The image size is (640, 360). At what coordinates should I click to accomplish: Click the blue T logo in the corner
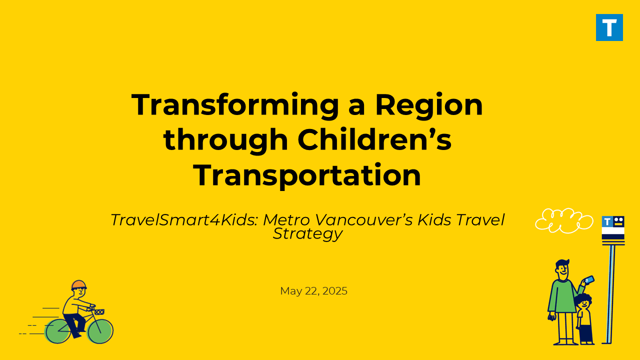[609, 27]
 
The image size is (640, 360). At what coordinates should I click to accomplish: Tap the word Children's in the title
[374, 139]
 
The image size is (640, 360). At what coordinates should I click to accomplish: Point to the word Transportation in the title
[307, 175]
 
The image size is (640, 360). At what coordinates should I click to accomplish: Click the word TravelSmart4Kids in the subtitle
[184, 220]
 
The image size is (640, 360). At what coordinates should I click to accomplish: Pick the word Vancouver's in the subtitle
[364, 220]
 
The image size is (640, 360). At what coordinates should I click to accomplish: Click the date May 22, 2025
[313, 291]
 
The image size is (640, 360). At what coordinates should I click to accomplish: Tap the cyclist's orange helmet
[79, 285]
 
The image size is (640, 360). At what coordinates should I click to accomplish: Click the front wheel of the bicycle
[100, 331]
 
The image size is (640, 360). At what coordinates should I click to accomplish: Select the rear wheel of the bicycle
[57, 331]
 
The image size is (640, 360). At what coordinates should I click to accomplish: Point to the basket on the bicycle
[99, 312]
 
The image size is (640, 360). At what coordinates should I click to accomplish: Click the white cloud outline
[564, 220]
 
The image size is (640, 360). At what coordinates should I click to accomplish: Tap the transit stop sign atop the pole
[613, 228]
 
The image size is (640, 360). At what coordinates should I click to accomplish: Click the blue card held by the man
[589, 279]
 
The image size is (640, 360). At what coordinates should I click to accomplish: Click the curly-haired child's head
[583, 301]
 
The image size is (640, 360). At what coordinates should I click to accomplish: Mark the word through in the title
[225, 139]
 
